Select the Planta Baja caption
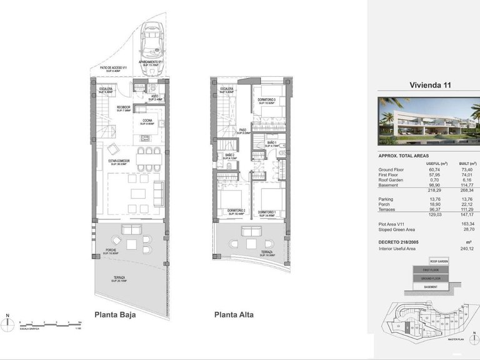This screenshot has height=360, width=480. (115, 315)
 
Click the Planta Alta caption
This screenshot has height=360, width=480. (234, 315)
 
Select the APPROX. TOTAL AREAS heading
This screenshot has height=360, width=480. (403, 156)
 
